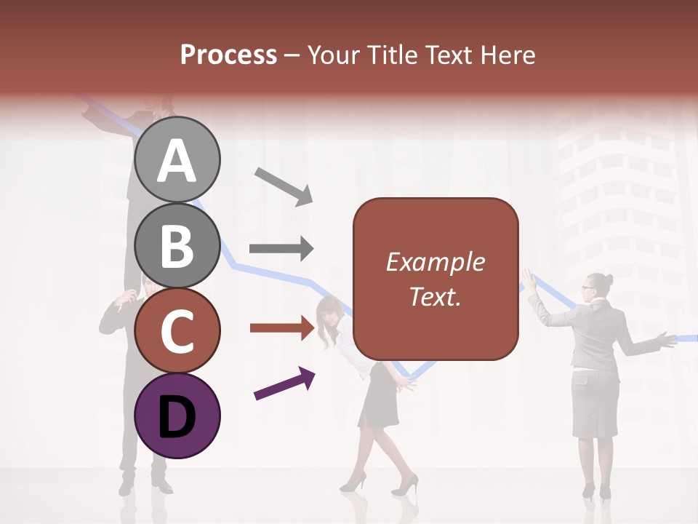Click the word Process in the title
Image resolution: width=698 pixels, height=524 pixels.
tap(228, 55)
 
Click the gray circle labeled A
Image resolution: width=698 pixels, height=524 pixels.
tap(177, 160)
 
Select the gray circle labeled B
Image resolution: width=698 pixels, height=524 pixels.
tap(177, 245)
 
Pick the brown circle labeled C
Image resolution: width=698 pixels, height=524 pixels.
tap(177, 331)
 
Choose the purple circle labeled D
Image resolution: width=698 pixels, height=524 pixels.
tap(177, 416)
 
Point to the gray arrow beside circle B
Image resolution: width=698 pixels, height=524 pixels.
tap(281, 248)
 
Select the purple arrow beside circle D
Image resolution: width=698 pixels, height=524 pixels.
tap(284, 383)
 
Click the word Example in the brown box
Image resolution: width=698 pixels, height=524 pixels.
tap(435, 262)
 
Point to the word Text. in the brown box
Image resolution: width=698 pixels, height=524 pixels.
tap(435, 296)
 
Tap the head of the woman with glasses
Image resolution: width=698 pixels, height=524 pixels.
tap(594, 287)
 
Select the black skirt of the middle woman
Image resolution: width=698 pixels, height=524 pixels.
tap(380, 397)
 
